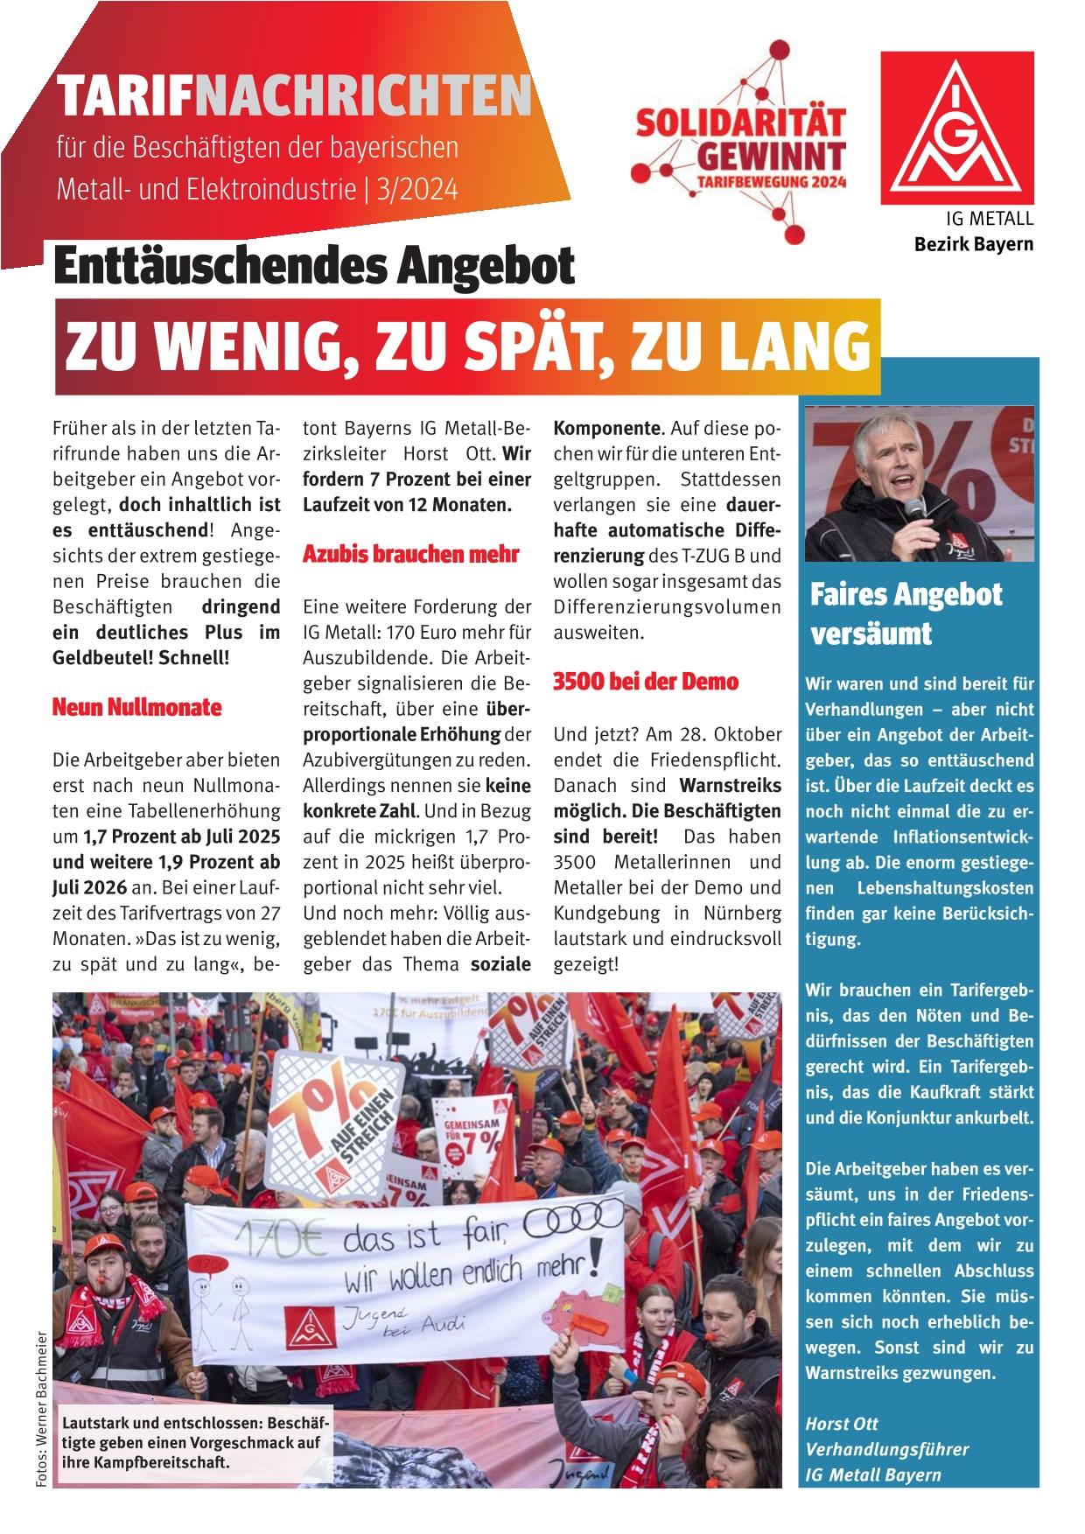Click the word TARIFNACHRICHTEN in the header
tap(292, 96)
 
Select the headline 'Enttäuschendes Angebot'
tap(314, 266)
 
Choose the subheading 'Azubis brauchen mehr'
tap(410, 554)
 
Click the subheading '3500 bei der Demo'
tap(646, 681)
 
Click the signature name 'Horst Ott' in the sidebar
tap(842, 1423)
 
